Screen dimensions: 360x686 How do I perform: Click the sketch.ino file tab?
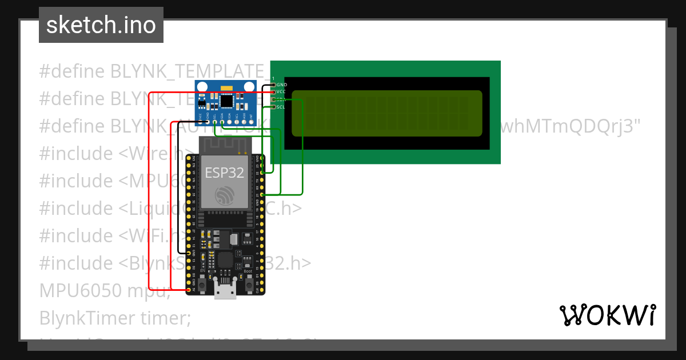pos(101,26)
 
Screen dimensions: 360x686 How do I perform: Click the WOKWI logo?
pos(607,315)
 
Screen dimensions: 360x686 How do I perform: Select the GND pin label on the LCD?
pos(282,85)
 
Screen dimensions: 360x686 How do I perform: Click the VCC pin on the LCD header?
pos(273,91)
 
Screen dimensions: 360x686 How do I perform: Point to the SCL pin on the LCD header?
pos(273,106)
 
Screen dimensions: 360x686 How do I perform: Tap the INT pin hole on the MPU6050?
pos(250,121)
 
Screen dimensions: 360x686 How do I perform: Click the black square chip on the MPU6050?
pos(227,101)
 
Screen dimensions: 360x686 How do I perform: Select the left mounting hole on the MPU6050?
pos(202,87)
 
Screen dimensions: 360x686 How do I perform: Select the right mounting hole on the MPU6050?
pos(249,87)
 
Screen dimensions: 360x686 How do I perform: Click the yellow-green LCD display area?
pos(386,113)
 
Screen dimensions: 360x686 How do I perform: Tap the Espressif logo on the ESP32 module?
pos(225,197)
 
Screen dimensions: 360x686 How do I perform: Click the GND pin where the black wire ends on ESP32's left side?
pos(189,252)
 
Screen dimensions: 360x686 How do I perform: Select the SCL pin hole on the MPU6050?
pos(214,121)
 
